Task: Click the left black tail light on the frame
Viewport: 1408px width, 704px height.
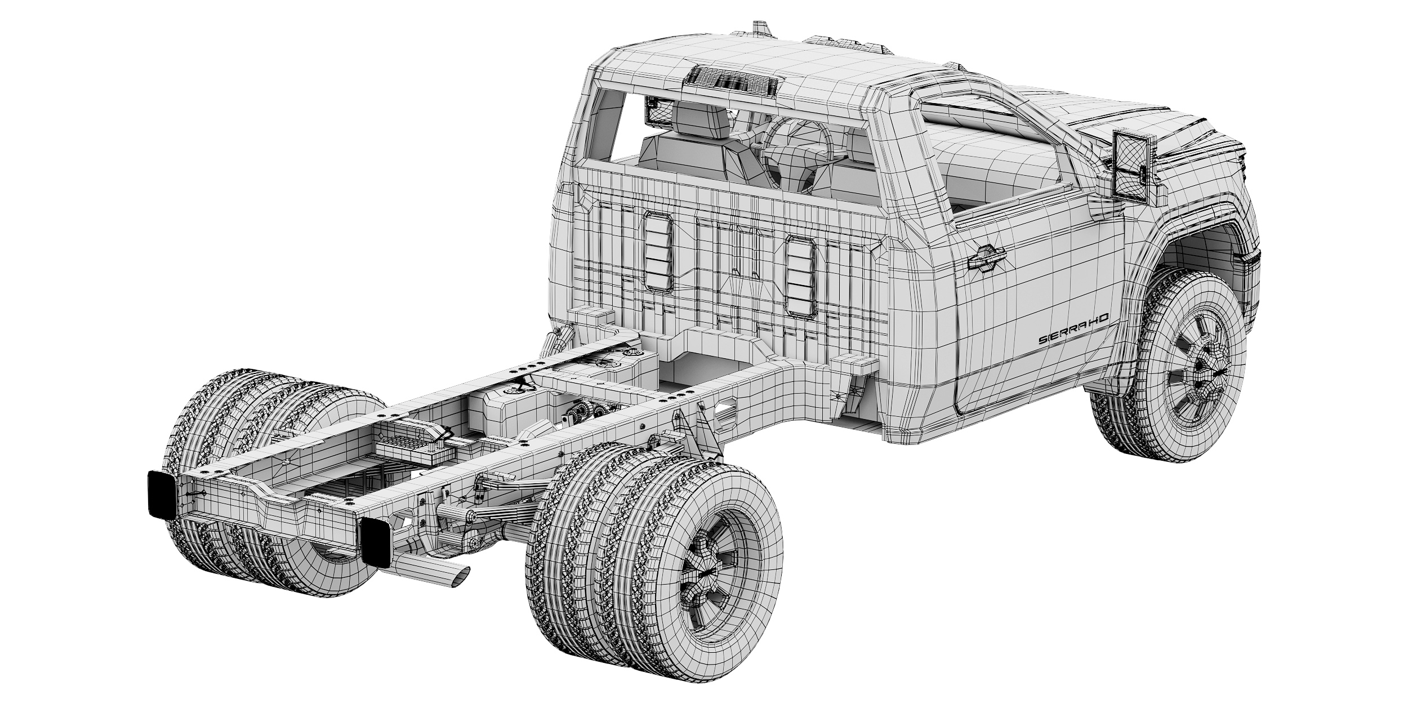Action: coord(162,494)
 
